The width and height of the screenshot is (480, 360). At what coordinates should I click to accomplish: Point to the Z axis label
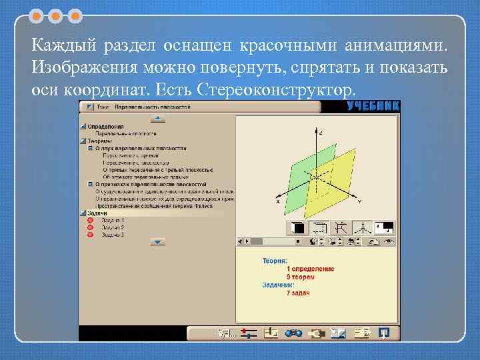321,133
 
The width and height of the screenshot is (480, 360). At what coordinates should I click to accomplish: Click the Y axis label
360,201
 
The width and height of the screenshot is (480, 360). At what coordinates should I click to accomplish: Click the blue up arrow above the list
157,119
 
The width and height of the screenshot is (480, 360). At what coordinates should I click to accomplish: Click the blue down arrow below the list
157,242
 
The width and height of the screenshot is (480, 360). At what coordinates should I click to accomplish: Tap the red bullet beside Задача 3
91,235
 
